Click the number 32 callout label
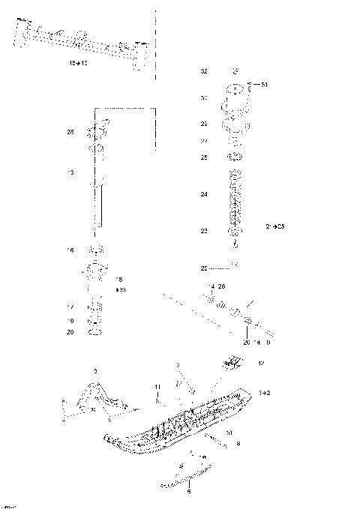point(203,71)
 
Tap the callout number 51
point(264,86)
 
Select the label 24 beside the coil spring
point(203,195)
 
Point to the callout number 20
point(70,331)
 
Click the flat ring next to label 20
point(96,332)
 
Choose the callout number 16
point(70,250)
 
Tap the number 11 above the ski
point(157,387)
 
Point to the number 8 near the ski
point(238,445)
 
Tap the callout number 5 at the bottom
point(188,492)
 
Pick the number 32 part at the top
point(235,71)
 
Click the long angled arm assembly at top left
point(82,41)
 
